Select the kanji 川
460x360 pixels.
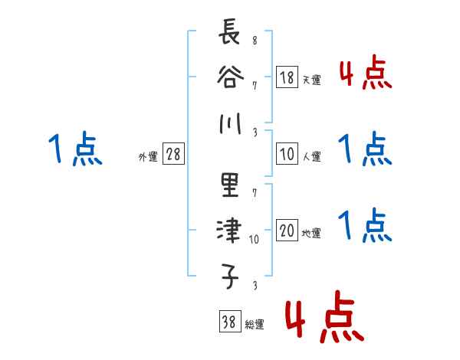pyautogui.click(x=228, y=122)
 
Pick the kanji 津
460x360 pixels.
pyautogui.click(x=228, y=230)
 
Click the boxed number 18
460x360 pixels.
pyautogui.click(x=287, y=77)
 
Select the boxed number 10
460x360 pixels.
pyautogui.click(x=287, y=154)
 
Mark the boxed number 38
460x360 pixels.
pyautogui.click(x=228, y=322)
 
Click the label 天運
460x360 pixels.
pyautogui.click(x=311, y=80)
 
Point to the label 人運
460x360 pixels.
pyautogui.click(x=311, y=157)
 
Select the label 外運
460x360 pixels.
pyautogui.click(x=147, y=157)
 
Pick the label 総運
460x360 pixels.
pyautogui.click(x=254, y=325)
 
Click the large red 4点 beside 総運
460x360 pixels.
pyautogui.click(x=324, y=317)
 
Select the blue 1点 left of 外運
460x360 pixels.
pyautogui.click(x=75, y=149)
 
